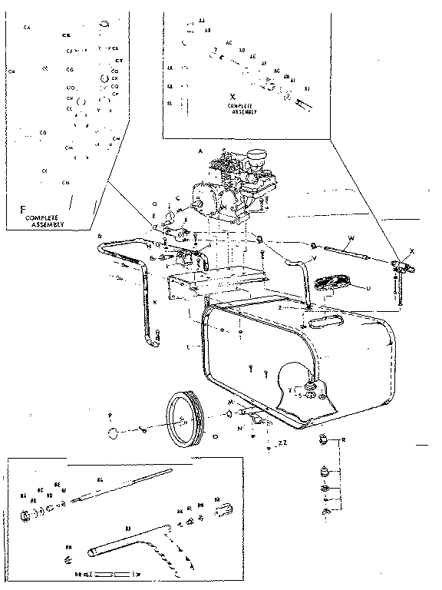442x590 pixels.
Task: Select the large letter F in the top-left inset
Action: (x=23, y=208)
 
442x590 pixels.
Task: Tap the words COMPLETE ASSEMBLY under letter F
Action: (x=43, y=221)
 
